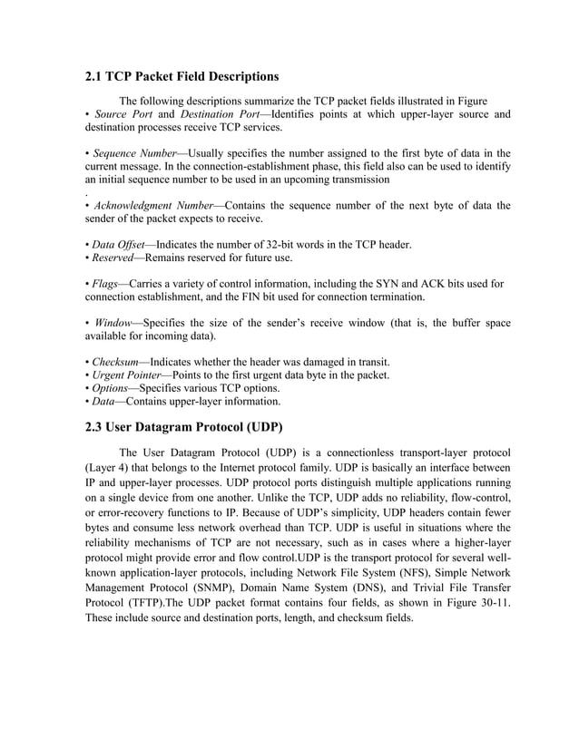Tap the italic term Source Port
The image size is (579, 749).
click(123, 114)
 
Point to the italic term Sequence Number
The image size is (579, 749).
click(132, 153)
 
